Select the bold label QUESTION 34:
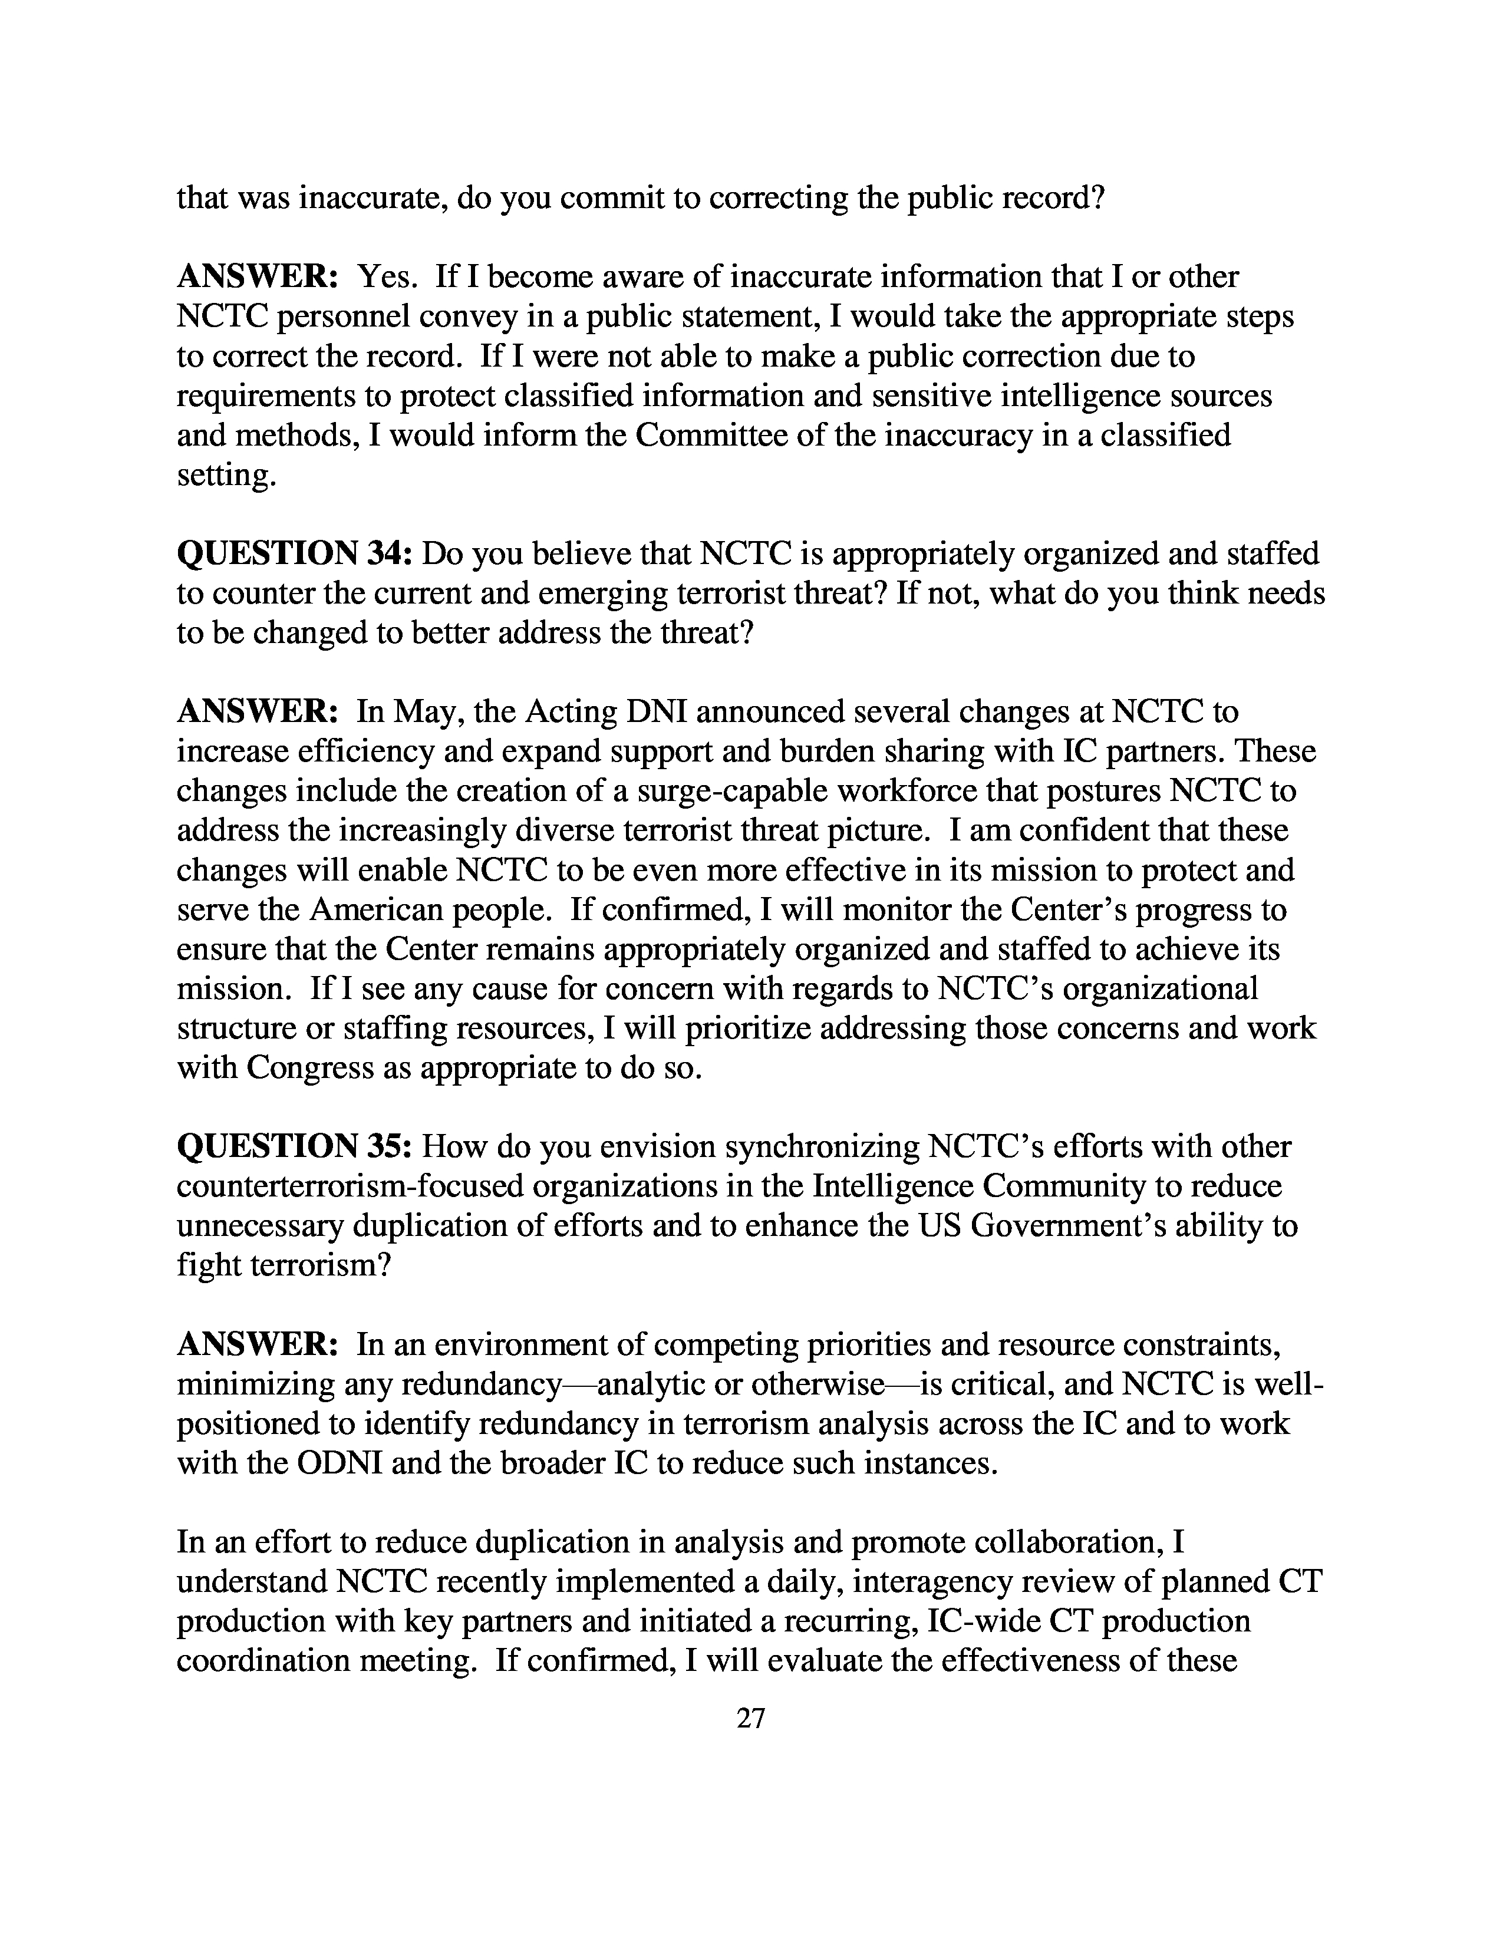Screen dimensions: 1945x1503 [294, 554]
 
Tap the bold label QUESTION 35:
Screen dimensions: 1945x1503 [294, 1146]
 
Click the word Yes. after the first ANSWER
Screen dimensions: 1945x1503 [387, 277]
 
